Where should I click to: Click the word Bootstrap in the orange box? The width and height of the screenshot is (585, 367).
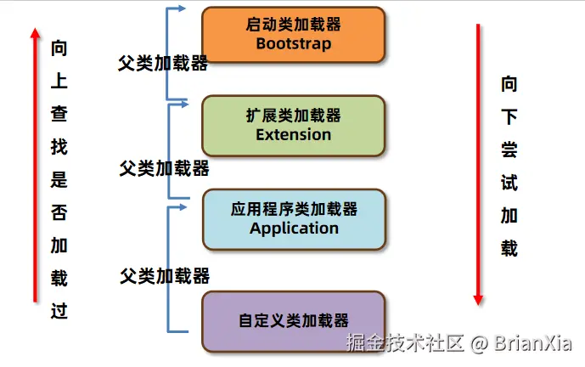tap(293, 43)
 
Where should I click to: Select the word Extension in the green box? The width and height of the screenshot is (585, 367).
tap(293, 134)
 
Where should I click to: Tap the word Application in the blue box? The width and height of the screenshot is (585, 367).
tap(294, 228)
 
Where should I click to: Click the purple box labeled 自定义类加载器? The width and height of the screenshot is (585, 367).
tap(294, 321)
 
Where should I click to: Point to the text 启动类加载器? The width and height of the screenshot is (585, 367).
tap(293, 25)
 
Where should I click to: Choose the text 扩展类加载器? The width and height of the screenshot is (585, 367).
tap(293, 116)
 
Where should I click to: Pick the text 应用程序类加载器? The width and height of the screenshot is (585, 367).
tap(294, 209)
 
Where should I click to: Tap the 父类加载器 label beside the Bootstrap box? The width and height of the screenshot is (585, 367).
tap(164, 64)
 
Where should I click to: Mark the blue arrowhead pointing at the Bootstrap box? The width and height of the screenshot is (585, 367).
tap(182, 9)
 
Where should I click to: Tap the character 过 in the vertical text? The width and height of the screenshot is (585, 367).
tap(59, 310)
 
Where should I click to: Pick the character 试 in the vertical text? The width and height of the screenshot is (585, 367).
tap(509, 183)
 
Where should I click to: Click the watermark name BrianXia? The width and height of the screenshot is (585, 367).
tap(535, 343)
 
